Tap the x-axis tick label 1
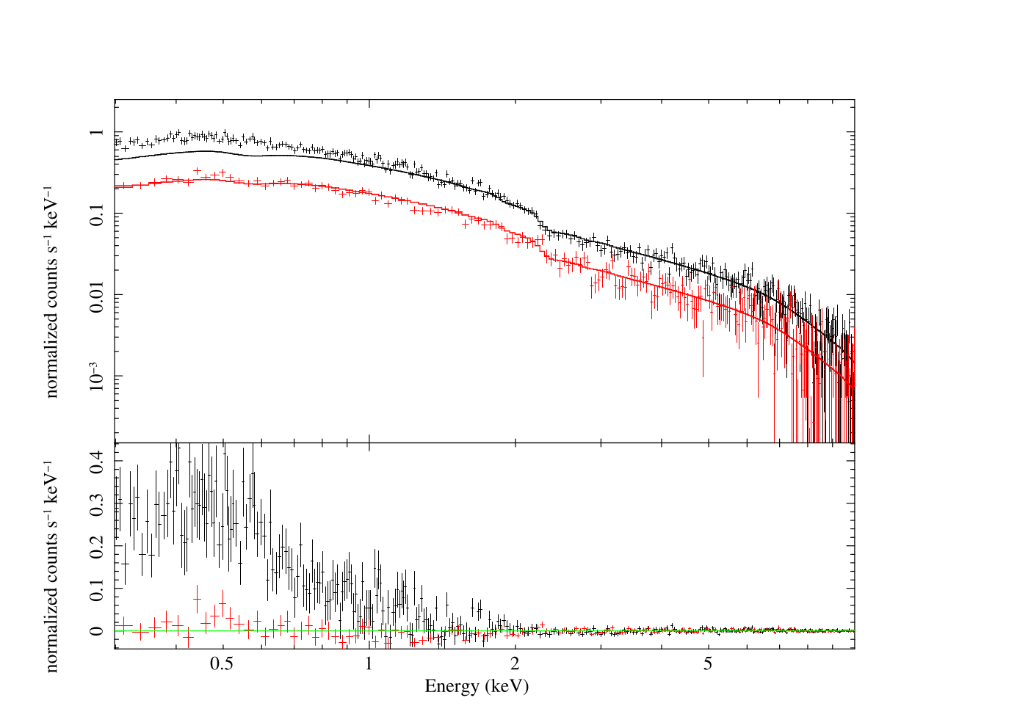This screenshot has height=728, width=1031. click(369, 665)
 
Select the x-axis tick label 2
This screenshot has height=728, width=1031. click(515, 665)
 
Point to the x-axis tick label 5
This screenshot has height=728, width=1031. click(708, 665)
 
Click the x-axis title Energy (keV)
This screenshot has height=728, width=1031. click(477, 687)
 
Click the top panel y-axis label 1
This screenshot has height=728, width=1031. click(97, 132)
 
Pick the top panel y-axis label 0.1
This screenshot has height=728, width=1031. click(97, 214)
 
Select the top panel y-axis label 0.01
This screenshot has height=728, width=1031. click(97, 295)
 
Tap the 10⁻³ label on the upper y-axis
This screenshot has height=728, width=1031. click(95, 376)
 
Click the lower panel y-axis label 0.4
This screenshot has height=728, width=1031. click(97, 460)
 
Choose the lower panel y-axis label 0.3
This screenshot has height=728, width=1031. click(97, 503)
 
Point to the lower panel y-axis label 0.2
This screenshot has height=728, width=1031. click(97, 546)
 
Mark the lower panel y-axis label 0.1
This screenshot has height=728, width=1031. click(97, 588)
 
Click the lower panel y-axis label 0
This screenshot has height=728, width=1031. click(97, 630)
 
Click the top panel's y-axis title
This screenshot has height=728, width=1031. click(51, 292)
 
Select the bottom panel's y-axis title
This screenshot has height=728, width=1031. click(51, 567)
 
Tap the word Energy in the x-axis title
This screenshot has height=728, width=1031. click(451, 687)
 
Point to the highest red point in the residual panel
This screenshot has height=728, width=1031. click(197, 599)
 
